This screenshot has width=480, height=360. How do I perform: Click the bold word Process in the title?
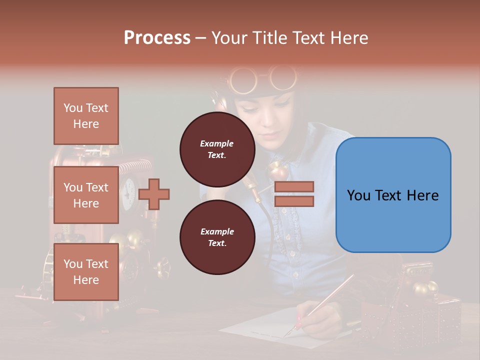157,38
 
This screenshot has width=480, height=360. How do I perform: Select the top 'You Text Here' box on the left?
86,116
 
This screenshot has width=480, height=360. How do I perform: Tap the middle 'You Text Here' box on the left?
86,195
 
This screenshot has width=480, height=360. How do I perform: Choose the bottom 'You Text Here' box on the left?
86,271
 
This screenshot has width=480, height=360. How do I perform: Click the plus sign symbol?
154,194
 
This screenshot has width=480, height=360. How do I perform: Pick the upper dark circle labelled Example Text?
217,149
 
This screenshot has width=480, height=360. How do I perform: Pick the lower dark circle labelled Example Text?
217,237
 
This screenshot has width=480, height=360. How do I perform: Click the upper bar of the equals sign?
294,186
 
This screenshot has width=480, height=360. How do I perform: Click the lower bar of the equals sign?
294,201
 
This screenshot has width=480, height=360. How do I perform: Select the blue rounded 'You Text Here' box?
393,195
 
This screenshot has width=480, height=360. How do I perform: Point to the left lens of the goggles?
243,79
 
